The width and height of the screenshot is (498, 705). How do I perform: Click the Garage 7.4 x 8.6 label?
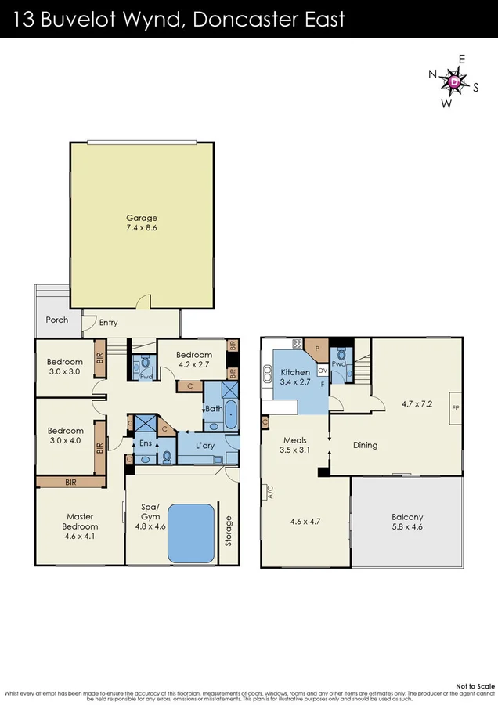pyautogui.click(x=142, y=223)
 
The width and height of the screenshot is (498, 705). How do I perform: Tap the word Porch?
pyautogui.click(x=56, y=320)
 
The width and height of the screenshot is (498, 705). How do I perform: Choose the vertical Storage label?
pyautogui.click(x=228, y=530)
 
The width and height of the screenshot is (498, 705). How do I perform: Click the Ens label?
pyautogui.click(x=145, y=443)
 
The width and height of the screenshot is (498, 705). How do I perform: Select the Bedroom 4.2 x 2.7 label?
pyautogui.click(x=194, y=359)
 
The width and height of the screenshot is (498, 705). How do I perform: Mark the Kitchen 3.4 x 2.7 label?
pyautogui.click(x=295, y=377)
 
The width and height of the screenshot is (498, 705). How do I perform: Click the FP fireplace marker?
pyautogui.click(x=456, y=407)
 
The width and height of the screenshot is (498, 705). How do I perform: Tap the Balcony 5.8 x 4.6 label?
pyautogui.click(x=407, y=522)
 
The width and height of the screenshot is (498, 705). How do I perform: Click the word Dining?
pyautogui.click(x=365, y=445)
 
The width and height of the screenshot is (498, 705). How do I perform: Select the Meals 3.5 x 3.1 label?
pyautogui.click(x=298, y=446)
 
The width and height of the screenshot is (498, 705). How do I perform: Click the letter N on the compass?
pyautogui.click(x=431, y=74)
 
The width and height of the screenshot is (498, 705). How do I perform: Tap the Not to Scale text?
pyautogui.click(x=475, y=685)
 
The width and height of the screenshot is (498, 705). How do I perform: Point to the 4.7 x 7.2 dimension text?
pyautogui.click(x=417, y=405)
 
